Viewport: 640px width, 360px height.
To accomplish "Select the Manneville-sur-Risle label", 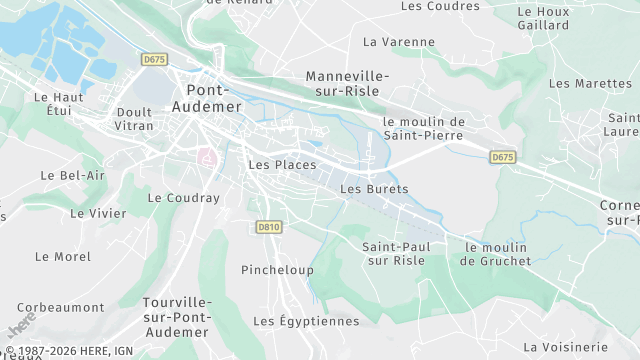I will pyautogui.click(x=347, y=84).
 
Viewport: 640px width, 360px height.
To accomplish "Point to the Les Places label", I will pyautogui.click(x=282, y=165).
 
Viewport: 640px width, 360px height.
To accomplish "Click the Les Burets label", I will pyautogui.click(x=374, y=188).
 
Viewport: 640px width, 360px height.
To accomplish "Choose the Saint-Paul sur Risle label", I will pyautogui.click(x=393, y=253).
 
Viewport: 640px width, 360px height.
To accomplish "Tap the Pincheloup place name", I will pyautogui.click(x=277, y=270).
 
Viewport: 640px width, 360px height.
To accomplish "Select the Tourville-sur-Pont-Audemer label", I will pyautogui.click(x=176, y=317).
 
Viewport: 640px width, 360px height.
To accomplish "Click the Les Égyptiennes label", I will pyautogui.click(x=306, y=321).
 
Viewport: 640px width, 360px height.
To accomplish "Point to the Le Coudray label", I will pyautogui.click(x=183, y=198).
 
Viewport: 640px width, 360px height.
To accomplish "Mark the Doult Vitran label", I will pyautogui.click(x=135, y=119).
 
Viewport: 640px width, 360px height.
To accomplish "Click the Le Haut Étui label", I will pyautogui.click(x=58, y=104).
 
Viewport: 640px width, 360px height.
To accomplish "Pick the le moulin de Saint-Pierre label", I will pyautogui.click(x=424, y=128).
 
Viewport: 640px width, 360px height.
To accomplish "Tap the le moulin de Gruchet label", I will pyautogui.click(x=493, y=254).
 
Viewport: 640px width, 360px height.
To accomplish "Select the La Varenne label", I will pyautogui.click(x=399, y=42).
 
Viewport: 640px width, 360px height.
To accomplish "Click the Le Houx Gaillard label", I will pyautogui.click(x=543, y=19).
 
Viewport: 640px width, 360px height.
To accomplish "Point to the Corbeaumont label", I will pyautogui.click(x=61, y=307).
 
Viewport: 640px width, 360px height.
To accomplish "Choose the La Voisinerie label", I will pyautogui.click(x=565, y=346).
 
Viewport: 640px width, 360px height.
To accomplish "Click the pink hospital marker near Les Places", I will pyautogui.click(x=208, y=158).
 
